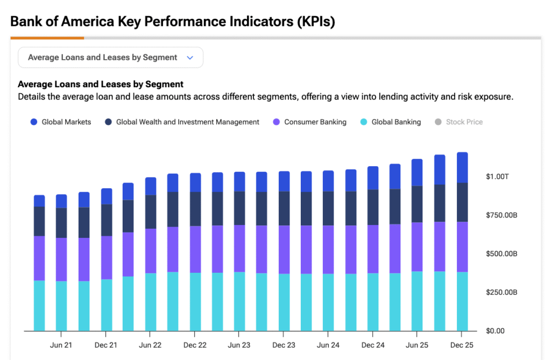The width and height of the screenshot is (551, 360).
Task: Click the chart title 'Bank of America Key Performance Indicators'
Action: tap(172, 22)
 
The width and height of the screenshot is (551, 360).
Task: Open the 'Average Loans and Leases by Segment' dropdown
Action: tap(110, 58)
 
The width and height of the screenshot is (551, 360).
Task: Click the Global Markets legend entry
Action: tap(61, 122)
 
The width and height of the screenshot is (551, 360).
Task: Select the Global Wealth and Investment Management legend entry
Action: tap(182, 122)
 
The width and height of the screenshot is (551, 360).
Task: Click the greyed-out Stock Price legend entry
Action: tap(458, 122)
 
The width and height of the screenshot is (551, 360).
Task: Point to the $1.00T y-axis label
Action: tap(497, 177)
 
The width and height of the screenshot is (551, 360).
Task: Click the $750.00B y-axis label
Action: tap(501, 215)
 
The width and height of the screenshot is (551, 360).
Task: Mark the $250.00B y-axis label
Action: tap(501, 292)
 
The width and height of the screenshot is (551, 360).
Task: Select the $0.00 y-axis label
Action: tap(495, 331)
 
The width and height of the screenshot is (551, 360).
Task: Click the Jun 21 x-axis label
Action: tap(61, 345)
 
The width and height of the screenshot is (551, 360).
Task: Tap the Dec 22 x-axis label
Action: tap(195, 345)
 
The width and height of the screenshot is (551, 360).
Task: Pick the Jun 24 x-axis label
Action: tap(328, 345)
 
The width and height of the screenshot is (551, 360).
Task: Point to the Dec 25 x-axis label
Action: tap(462, 345)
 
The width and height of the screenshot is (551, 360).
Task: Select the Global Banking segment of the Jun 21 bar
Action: tap(61, 306)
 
